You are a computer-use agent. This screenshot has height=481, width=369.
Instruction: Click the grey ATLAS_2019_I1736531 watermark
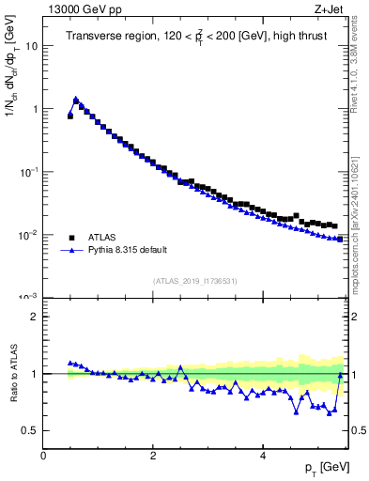click(195, 281)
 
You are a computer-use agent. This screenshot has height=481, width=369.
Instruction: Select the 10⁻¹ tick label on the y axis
click(29, 172)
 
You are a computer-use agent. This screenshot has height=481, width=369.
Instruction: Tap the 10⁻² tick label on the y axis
click(29, 235)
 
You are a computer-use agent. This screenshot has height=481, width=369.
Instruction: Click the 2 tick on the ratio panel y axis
click(35, 317)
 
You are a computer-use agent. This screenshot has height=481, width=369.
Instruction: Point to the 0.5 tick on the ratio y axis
click(31, 430)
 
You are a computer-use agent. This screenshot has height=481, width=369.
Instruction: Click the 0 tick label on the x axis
click(43, 456)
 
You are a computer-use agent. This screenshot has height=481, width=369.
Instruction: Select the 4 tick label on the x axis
click(262, 456)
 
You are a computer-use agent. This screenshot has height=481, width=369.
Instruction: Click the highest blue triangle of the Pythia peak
click(76, 99)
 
